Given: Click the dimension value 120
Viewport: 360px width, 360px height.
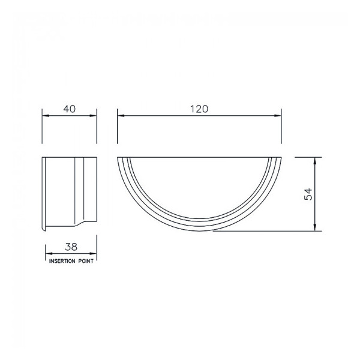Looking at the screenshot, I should [199, 109].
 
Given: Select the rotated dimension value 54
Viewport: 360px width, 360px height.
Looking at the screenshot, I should [308, 194].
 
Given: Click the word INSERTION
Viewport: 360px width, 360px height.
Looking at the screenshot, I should [62, 262].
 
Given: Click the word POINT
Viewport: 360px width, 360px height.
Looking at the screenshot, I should [86, 262].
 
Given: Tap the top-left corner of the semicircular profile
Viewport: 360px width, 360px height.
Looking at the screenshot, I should [118, 157].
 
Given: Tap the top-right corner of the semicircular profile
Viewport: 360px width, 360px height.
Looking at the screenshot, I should [281, 157].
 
